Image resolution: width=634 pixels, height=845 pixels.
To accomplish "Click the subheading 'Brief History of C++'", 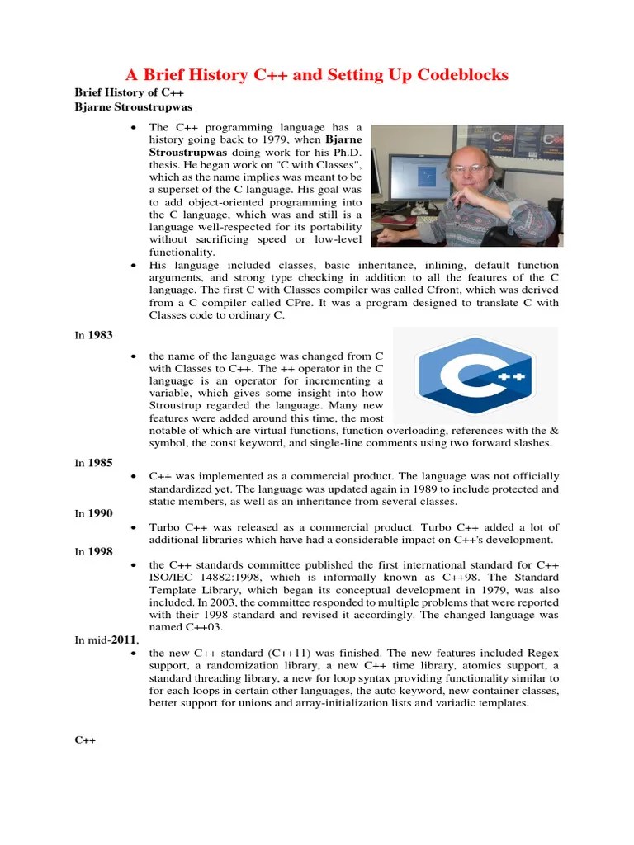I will pyautogui.click(x=129, y=92).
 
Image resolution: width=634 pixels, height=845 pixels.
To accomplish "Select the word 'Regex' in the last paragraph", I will pyautogui.click(x=542, y=654).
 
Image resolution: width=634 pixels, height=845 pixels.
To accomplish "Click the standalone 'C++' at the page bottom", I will pyautogui.click(x=86, y=740).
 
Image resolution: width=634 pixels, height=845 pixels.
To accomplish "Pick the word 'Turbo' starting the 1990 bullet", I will pyautogui.click(x=164, y=527).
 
